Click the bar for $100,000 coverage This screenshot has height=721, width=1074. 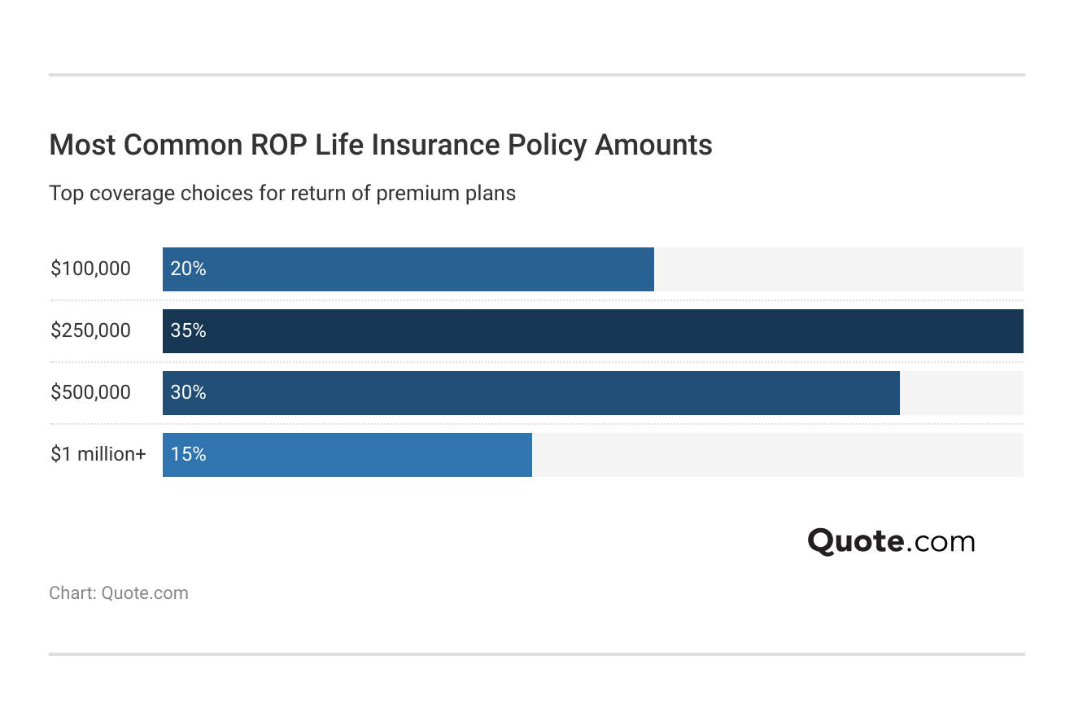tap(408, 269)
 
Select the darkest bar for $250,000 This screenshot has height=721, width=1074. tap(593, 330)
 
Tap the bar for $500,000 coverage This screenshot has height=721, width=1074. tap(531, 392)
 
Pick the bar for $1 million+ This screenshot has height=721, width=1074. tap(347, 454)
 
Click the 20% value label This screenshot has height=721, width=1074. tap(188, 269)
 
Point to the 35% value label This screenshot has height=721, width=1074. tap(188, 330)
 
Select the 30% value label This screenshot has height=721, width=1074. tap(188, 392)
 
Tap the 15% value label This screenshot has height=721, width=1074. tap(188, 454)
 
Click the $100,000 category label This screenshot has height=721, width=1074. tap(90, 269)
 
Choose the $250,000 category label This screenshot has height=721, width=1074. tap(90, 330)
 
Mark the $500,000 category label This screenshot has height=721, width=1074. tap(90, 392)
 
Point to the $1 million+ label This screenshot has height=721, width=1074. tap(98, 454)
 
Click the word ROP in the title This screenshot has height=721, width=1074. tap(278, 144)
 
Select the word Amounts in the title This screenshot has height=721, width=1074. tap(653, 144)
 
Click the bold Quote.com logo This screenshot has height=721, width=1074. tap(891, 541)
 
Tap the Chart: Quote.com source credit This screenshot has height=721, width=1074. tap(119, 593)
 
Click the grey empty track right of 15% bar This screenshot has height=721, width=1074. tap(778, 454)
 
